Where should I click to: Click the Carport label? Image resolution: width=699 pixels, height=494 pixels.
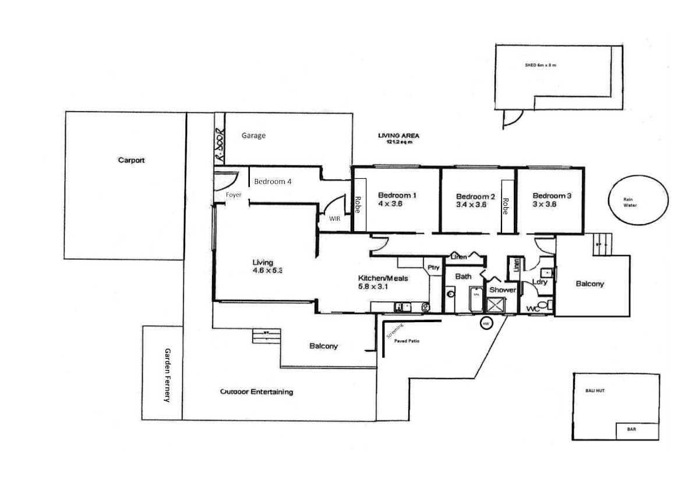(x=131, y=160)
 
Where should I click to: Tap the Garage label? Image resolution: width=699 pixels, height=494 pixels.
(x=253, y=136)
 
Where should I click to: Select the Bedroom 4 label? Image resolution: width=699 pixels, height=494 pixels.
(x=273, y=182)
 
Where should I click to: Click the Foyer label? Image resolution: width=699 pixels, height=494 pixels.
(x=234, y=194)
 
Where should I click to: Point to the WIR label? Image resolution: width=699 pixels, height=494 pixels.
(x=334, y=219)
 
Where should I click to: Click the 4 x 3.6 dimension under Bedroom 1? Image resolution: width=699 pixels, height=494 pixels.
(x=390, y=203)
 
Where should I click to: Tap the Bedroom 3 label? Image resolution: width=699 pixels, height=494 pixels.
(x=552, y=196)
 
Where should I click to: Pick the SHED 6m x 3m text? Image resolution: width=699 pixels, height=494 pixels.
(x=541, y=65)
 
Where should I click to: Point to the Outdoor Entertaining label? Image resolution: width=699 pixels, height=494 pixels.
(x=256, y=392)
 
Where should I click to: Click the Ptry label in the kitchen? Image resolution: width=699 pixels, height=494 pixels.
(x=433, y=267)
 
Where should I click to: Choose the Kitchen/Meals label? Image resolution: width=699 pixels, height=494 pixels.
(x=383, y=278)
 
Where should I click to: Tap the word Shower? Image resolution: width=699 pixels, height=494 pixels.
(x=502, y=290)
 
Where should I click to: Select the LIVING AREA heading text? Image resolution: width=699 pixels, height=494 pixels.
(x=398, y=136)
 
